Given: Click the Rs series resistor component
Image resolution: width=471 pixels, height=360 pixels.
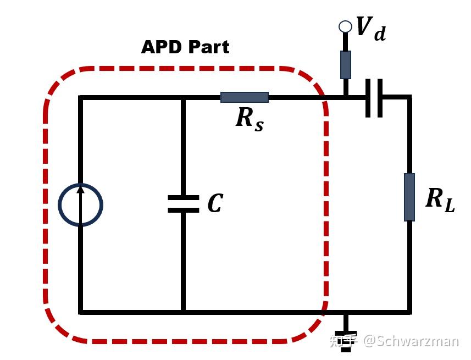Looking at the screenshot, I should coord(244,97).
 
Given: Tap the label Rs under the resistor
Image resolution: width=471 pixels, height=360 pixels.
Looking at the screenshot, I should coord(249,118).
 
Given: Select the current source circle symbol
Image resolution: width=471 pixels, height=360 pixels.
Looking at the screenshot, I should coord(80,205).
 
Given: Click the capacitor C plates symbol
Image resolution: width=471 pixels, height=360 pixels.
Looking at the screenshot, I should coord(183,204).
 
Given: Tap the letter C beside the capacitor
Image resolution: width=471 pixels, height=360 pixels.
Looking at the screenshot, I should coord(215,204).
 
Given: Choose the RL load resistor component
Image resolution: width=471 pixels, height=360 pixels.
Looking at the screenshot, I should coord(409,197).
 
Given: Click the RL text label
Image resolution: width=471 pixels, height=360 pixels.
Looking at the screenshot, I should coord(440,199).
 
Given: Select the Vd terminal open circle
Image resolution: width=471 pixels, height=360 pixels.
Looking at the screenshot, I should coord(345,26).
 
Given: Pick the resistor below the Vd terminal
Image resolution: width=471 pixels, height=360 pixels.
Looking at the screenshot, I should coord(345,64).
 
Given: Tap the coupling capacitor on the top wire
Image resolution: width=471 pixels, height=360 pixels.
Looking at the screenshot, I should coord(374,98).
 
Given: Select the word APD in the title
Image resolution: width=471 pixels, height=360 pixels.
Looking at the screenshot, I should coord(160,47).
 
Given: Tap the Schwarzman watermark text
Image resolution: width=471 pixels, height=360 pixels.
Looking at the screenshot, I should coord(410,341).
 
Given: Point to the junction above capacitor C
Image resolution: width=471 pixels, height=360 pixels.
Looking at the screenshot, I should coord(183,98).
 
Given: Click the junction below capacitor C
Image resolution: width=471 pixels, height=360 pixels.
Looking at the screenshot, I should coord(183,312).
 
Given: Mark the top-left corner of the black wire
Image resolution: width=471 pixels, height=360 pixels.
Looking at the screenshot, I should coord(81,98).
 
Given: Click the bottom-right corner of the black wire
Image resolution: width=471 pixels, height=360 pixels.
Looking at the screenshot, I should coord(409,312).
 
